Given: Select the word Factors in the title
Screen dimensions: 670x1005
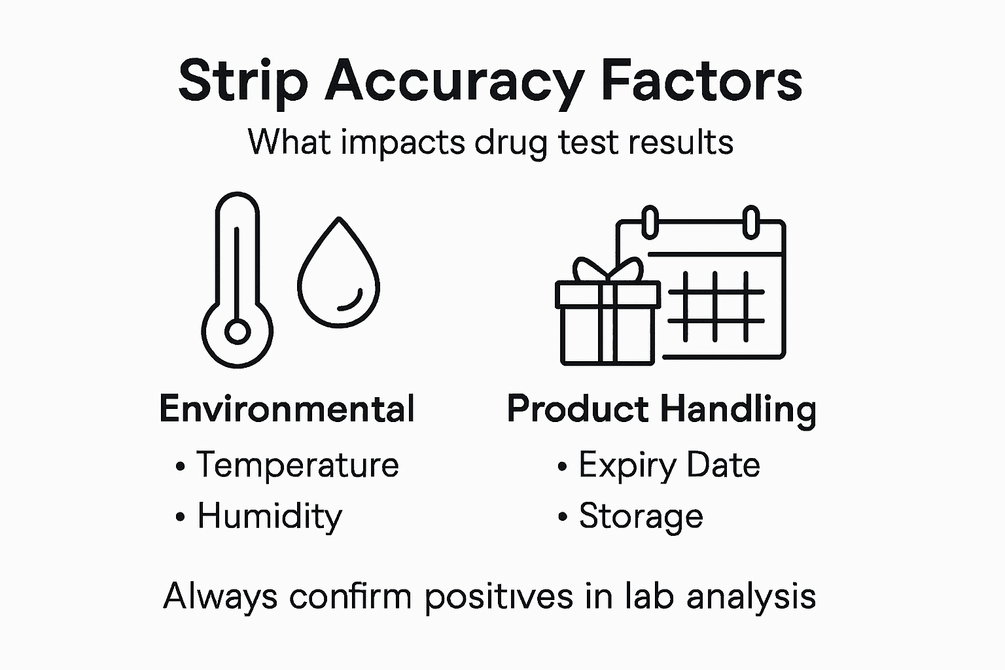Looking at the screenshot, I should [701, 80].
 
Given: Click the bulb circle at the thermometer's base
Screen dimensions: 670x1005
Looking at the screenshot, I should [238, 332].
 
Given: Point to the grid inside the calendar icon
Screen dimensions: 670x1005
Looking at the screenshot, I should [716, 306].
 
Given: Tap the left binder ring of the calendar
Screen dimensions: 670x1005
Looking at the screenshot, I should [650, 222].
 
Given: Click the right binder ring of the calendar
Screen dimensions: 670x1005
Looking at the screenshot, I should [752, 222].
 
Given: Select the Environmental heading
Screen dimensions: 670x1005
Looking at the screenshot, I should [287, 409].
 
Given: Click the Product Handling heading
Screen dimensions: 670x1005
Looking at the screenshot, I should [661, 409].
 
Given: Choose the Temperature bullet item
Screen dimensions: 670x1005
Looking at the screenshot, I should [297, 465].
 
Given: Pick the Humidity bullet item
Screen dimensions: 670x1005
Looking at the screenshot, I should [270, 516].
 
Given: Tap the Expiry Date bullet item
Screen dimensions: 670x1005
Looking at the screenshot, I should [669, 465].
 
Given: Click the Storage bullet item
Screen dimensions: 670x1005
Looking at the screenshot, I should [641, 516].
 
